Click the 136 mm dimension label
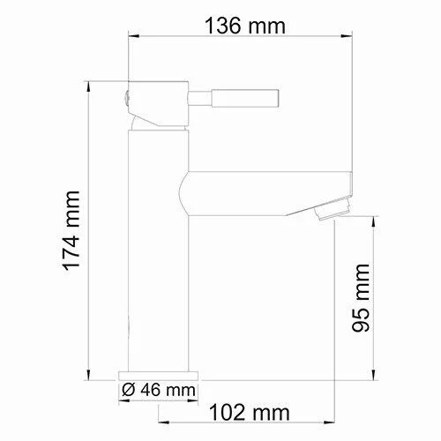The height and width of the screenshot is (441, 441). tap(245, 26)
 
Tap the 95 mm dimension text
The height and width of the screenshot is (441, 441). tap(361, 298)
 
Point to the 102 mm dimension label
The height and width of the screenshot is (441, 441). tap(250, 412)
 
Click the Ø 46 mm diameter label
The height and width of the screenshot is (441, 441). tap(159, 390)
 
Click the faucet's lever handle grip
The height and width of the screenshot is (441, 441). tap(244, 98)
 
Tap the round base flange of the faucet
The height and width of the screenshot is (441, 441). tap(158, 376)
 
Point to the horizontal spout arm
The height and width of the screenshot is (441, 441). tap(265, 193)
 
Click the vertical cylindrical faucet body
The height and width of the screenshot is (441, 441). tap(158, 250)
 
